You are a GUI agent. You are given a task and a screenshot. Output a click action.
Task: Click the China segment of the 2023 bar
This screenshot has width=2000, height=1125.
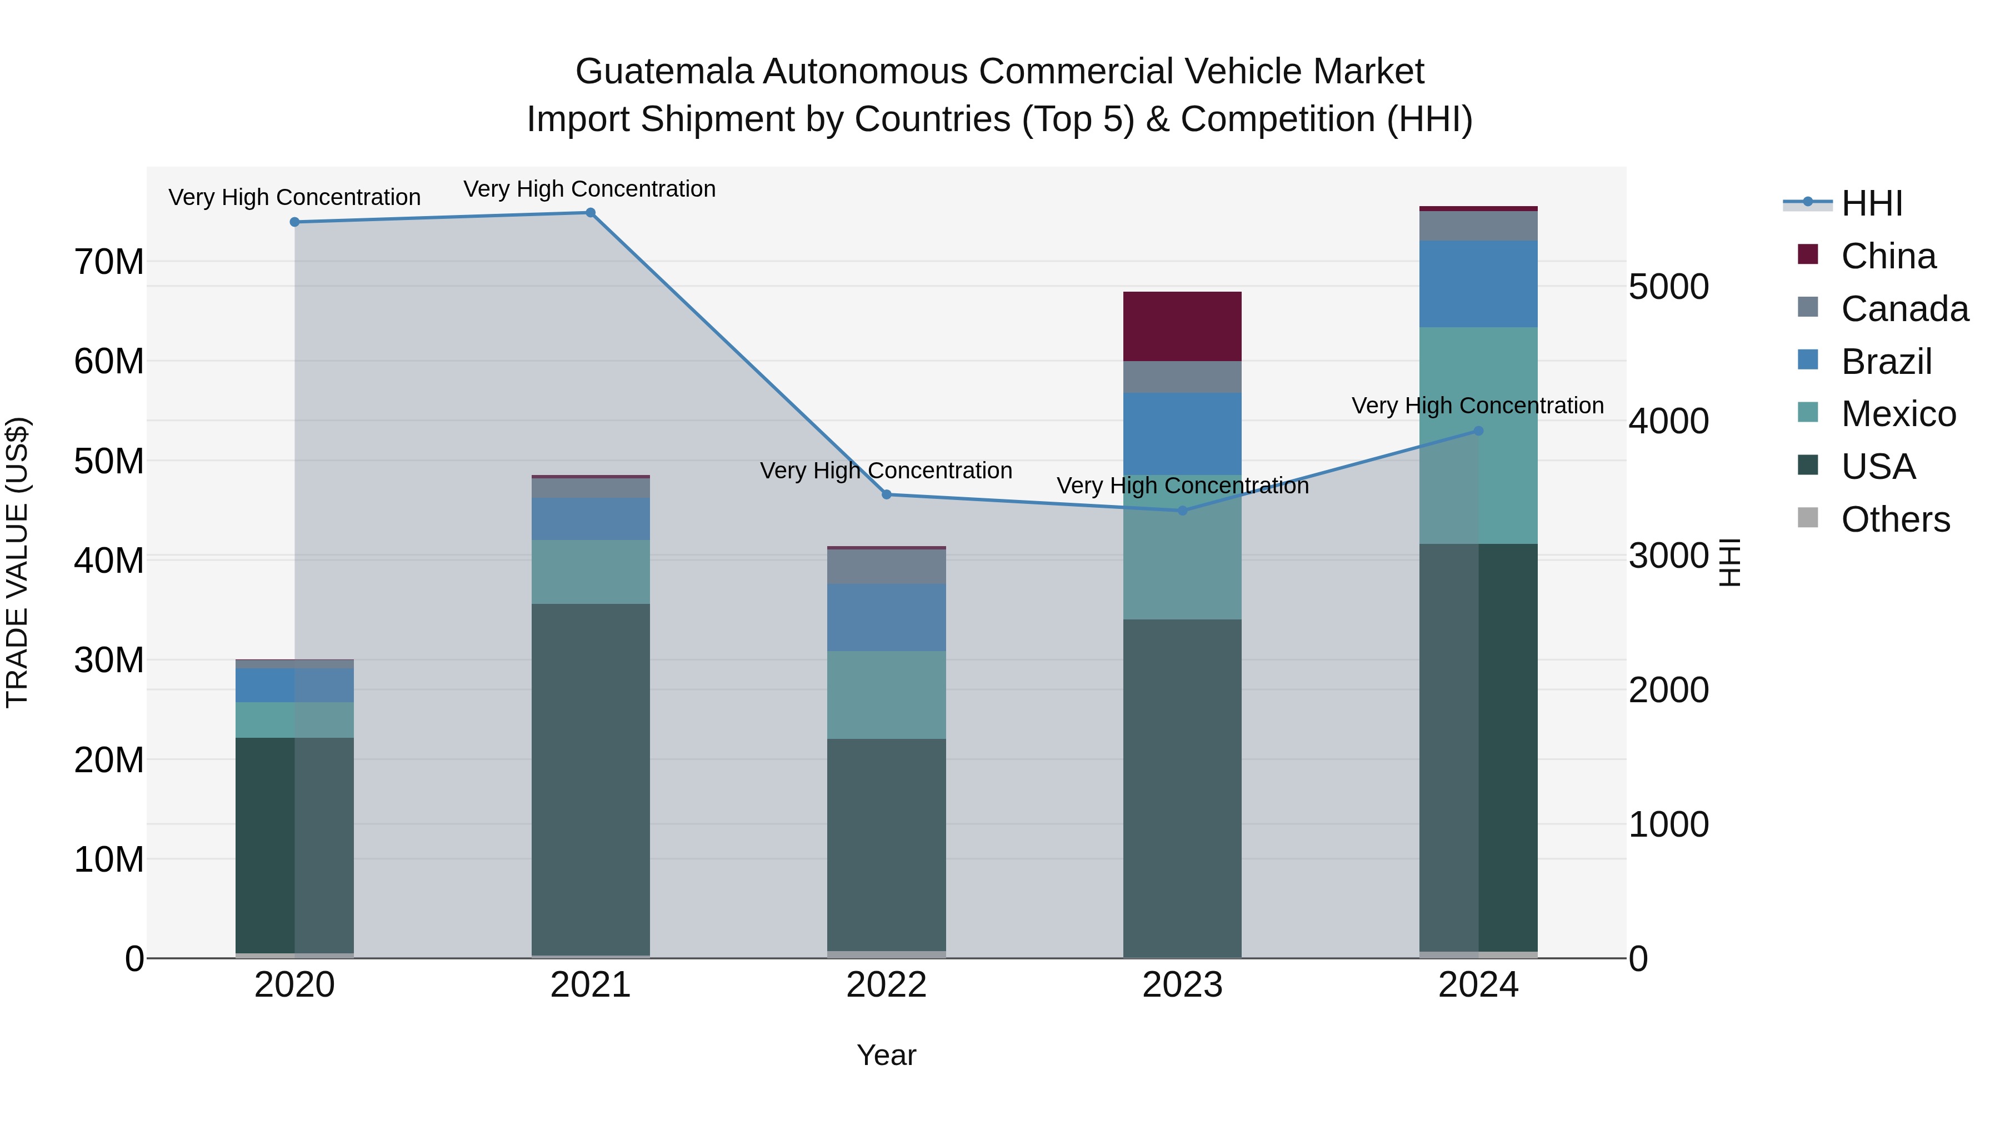click(x=1182, y=326)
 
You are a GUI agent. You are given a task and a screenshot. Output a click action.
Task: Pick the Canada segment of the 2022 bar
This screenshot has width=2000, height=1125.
click(x=886, y=566)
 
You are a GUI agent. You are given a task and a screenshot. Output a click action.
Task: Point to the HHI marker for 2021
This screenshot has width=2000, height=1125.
click(x=590, y=213)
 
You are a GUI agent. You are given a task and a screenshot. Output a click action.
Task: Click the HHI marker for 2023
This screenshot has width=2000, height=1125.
click(x=1182, y=510)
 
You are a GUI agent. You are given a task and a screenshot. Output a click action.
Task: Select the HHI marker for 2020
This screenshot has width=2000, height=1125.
click(x=294, y=222)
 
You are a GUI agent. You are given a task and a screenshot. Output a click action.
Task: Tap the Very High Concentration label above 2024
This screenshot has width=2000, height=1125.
click(x=1477, y=406)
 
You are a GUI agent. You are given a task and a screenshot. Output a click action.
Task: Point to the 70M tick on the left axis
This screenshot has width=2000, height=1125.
click(x=109, y=262)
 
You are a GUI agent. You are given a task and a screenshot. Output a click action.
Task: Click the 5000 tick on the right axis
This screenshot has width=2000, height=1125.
click(x=1668, y=287)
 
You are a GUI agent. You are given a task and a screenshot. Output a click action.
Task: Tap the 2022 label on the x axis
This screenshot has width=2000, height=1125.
click(x=886, y=985)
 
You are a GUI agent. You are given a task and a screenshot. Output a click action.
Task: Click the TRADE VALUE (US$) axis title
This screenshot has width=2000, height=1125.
click(x=17, y=562)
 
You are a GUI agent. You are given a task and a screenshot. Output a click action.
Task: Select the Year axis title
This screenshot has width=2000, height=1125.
click(x=886, y=1055)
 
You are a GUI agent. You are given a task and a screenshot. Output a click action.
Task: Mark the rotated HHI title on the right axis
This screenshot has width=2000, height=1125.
click(x=1730, y=562)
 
